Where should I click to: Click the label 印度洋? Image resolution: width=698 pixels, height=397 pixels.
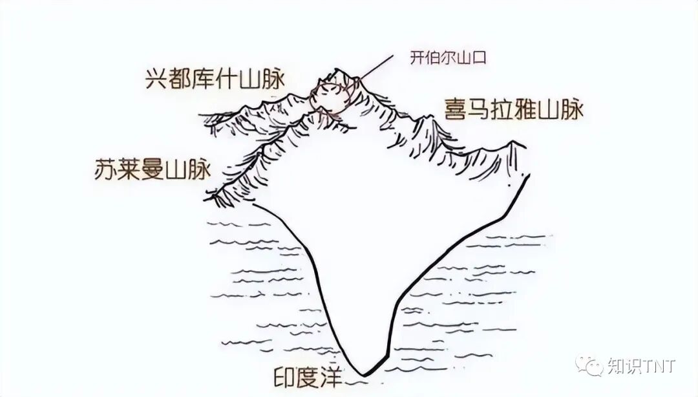308,376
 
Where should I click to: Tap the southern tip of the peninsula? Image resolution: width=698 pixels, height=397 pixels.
364,372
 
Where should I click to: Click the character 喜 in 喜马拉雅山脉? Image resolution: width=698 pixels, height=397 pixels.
454,108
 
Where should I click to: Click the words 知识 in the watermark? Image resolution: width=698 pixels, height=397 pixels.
622,367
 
